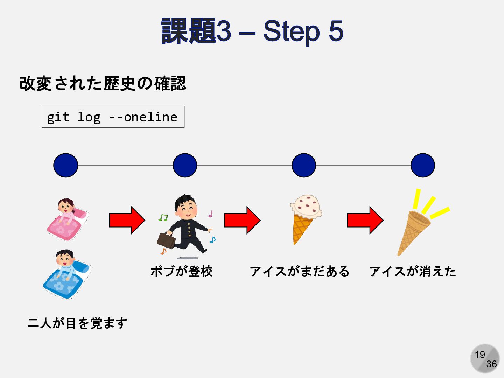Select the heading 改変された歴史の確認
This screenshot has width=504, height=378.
coord(103,84)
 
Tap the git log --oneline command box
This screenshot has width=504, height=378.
coord(113,117)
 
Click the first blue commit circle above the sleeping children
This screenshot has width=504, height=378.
coord(66,165)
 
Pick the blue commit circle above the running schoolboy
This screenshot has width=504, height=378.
coord(185,165)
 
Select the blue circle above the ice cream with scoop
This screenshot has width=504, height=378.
coord(304,165)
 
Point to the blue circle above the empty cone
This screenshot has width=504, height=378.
coord(423,165)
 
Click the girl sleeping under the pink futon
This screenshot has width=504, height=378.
coord(68,219)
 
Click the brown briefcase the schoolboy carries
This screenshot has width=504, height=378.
coord(166,240)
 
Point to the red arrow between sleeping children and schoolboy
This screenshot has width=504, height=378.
coord(127,220)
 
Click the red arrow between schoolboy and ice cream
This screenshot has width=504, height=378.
coord(242,220)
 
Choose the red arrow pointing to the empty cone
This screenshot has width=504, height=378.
coord(365,220)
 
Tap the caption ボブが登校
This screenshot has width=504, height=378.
coord(182,271)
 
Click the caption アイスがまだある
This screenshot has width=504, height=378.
coord(300,271)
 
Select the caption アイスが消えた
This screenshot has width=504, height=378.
coord(413,271)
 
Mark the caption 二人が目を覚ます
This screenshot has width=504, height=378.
coord(77,323)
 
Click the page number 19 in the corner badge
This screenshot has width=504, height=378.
coord(480,355)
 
